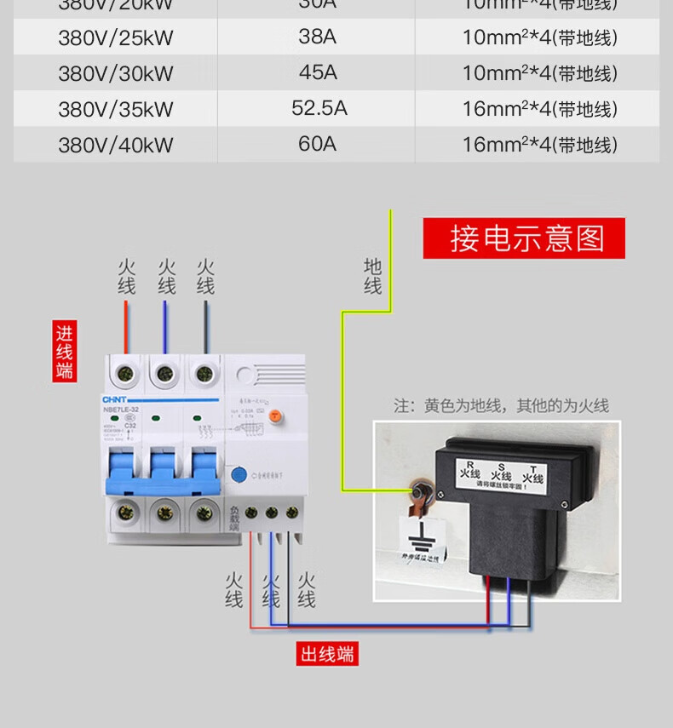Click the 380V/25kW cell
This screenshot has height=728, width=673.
tap(115, 38)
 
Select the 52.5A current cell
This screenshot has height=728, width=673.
tap(319, 108)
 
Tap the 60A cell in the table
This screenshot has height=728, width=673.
tap(317, 144)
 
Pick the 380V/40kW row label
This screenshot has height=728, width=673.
tap(115, 145)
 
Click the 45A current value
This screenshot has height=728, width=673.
tap(318, 72)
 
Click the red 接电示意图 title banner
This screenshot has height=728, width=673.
tap(524, 238)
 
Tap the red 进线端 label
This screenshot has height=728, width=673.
tap(65, 351)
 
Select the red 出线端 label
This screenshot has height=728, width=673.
tap(327, 654)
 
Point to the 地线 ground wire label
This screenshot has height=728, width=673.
tap(372, 276)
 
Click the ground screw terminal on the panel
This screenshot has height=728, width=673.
tap(421, 490)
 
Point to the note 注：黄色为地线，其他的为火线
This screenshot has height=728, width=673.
tap(501, 406)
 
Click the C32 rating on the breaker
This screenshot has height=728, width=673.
tap(130, 426)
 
